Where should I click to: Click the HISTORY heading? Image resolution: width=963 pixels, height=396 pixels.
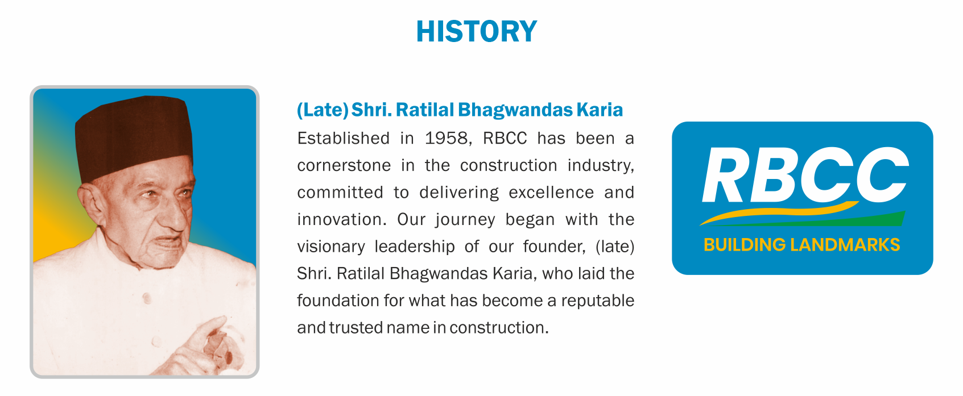(x=476, y=31)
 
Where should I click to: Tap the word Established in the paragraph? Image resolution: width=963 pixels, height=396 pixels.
(x=343, y=138)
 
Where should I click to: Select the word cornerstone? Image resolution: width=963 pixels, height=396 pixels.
(x=344, y=165)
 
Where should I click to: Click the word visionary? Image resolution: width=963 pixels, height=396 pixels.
(x=331, y=247)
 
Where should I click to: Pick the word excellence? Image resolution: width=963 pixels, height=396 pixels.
(x=551, y=193)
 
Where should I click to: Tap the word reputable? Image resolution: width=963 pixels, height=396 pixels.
(x=598, y=301)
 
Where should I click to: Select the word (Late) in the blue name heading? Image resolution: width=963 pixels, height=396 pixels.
(x=323, y=110)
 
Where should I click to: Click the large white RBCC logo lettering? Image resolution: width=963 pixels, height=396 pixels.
(x=805, y=175)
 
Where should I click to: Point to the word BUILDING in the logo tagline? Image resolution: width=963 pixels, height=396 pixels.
(x=745, y=245)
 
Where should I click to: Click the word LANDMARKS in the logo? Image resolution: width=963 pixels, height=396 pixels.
(x=845, y=245)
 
